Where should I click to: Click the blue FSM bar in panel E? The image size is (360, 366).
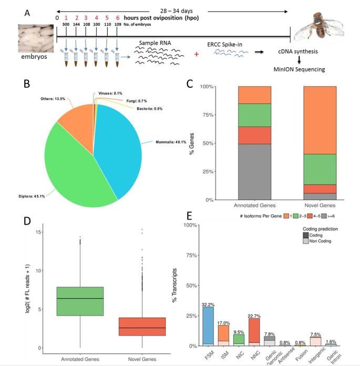pos(208,326)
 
